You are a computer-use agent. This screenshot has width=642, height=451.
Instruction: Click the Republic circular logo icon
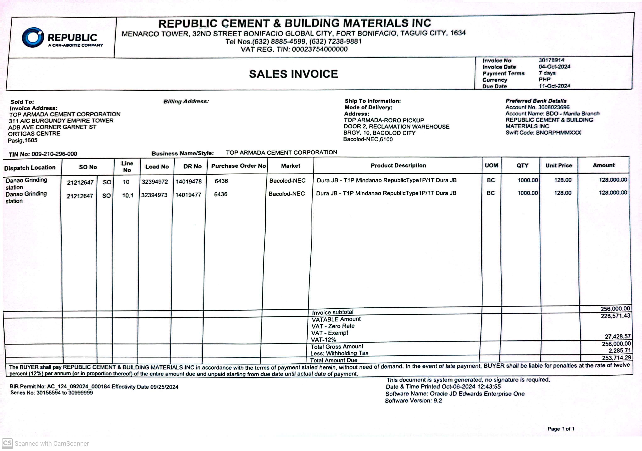[33, 37]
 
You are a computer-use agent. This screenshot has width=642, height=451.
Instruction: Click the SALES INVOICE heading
[293, 74]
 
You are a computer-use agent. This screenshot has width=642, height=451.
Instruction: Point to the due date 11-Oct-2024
[554, 86]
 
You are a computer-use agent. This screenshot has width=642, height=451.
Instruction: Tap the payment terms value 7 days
[547, 73]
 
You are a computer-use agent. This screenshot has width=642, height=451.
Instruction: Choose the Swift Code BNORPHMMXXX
[558, 133]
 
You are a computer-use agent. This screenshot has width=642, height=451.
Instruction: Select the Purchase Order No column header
[238, 166]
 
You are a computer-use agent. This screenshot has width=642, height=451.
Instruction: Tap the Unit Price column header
[558, 165]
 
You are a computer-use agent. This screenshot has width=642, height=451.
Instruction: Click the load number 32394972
[155, 182]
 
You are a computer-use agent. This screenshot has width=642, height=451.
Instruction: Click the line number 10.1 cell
[127, 195]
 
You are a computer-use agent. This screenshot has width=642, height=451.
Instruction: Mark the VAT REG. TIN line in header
[294, 49]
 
